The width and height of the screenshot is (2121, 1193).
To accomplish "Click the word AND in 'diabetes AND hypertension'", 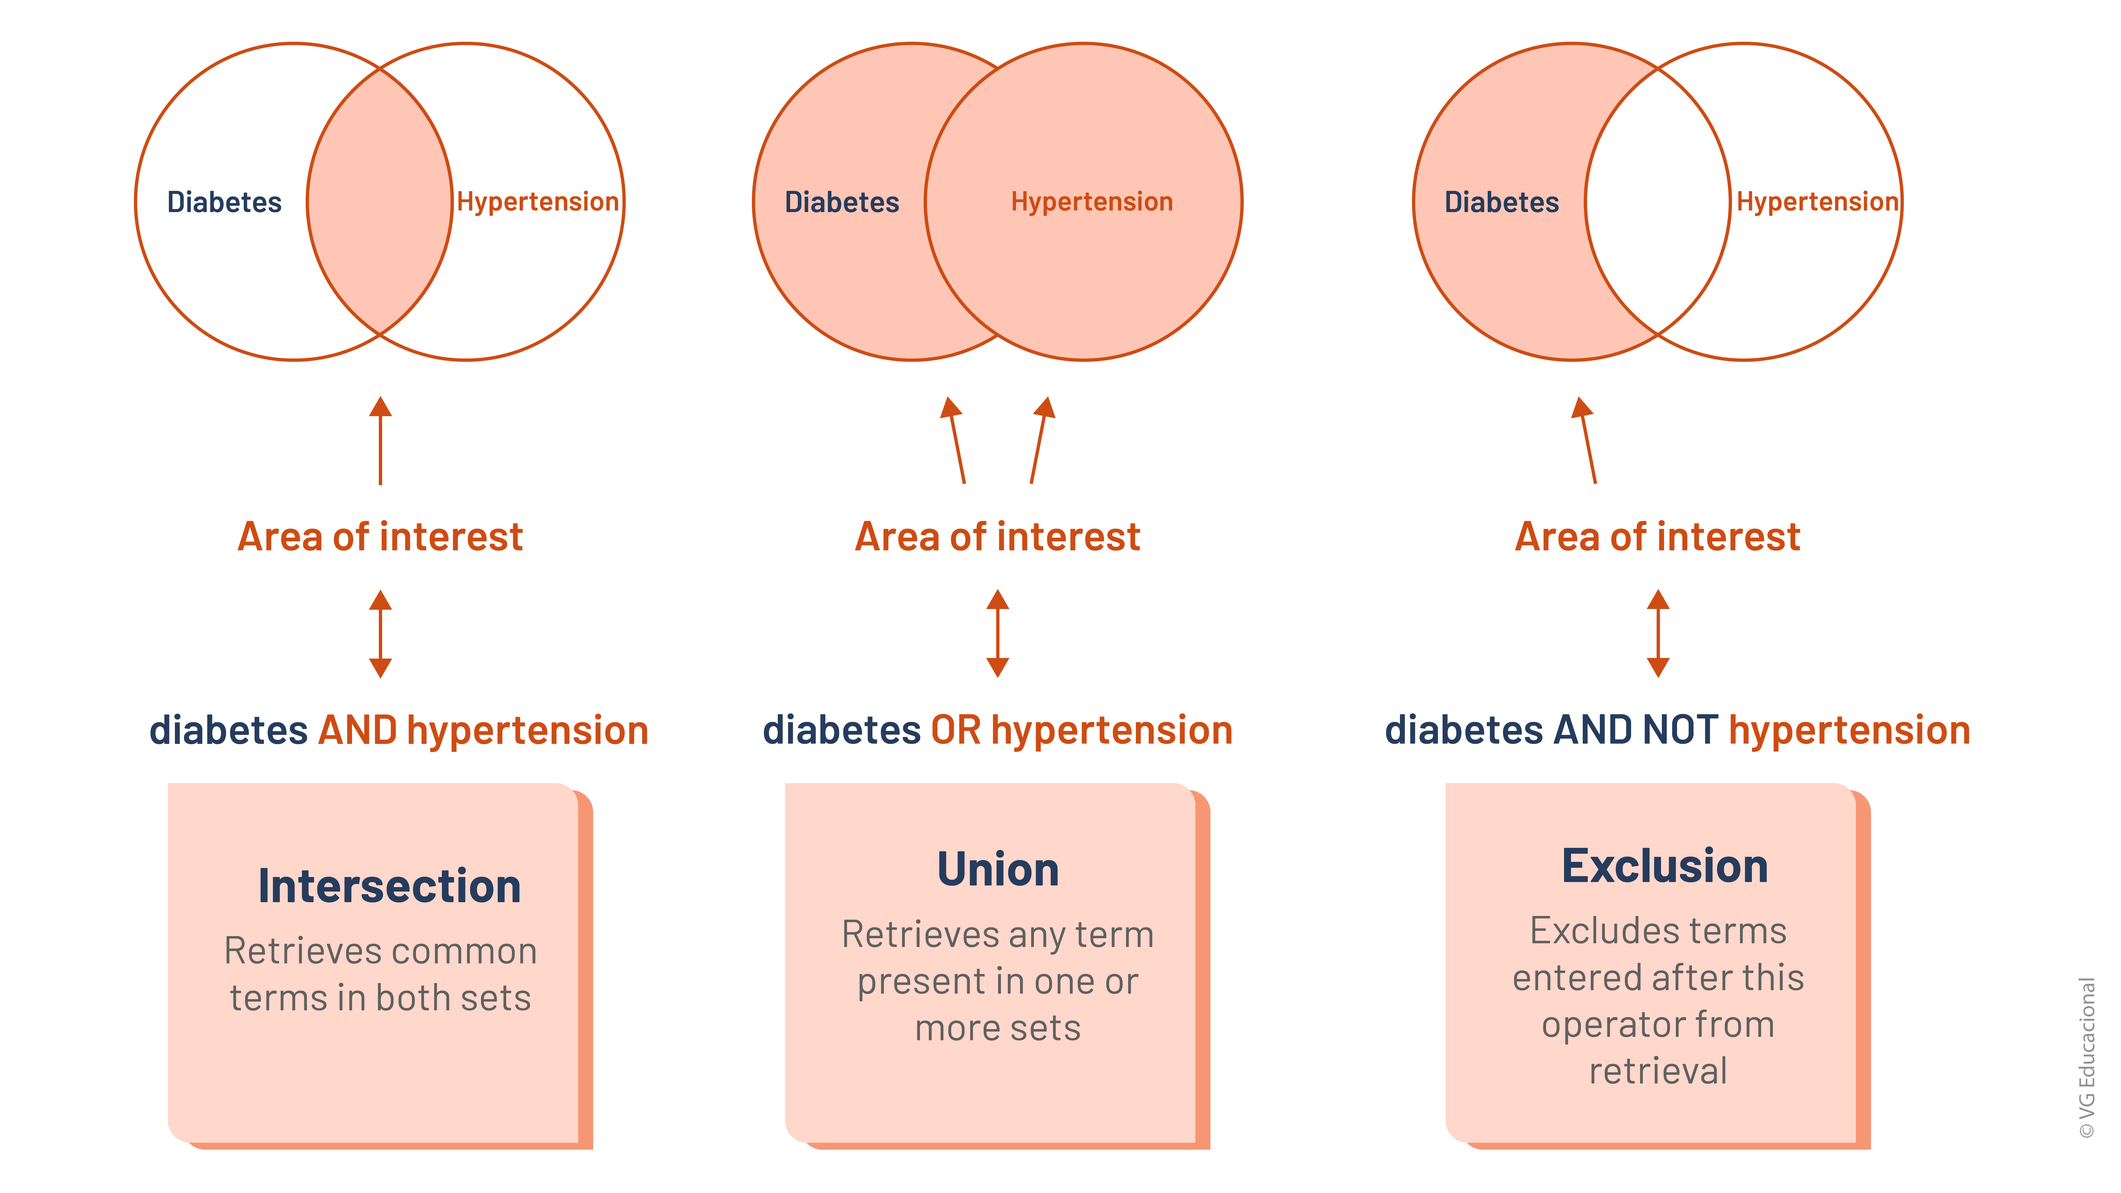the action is click(x=358, y=730).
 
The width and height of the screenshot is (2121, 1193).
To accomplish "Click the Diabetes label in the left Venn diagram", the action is click(x=224, y=202).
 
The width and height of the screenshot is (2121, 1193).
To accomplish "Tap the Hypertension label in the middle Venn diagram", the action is click(x=1092, y=202).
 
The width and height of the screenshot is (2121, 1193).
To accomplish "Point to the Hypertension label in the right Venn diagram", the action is click(x=1817, y=202).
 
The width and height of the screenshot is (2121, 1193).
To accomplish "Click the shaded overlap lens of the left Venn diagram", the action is click(x=380, y=202).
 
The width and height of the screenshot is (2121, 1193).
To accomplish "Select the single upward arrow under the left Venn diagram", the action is click(x=380, y=440).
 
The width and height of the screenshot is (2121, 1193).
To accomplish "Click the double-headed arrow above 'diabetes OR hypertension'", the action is click(x=998, y=633).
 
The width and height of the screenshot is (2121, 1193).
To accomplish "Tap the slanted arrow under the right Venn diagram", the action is click(x=1587, y=440).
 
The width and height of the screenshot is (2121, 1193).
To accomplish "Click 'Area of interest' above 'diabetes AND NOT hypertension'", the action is click(x=1657, y=537).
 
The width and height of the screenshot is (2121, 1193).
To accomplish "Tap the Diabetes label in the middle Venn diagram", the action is click(x=841, y=202).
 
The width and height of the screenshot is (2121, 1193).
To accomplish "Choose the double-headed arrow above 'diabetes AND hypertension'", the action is click(x=380, y=633).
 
